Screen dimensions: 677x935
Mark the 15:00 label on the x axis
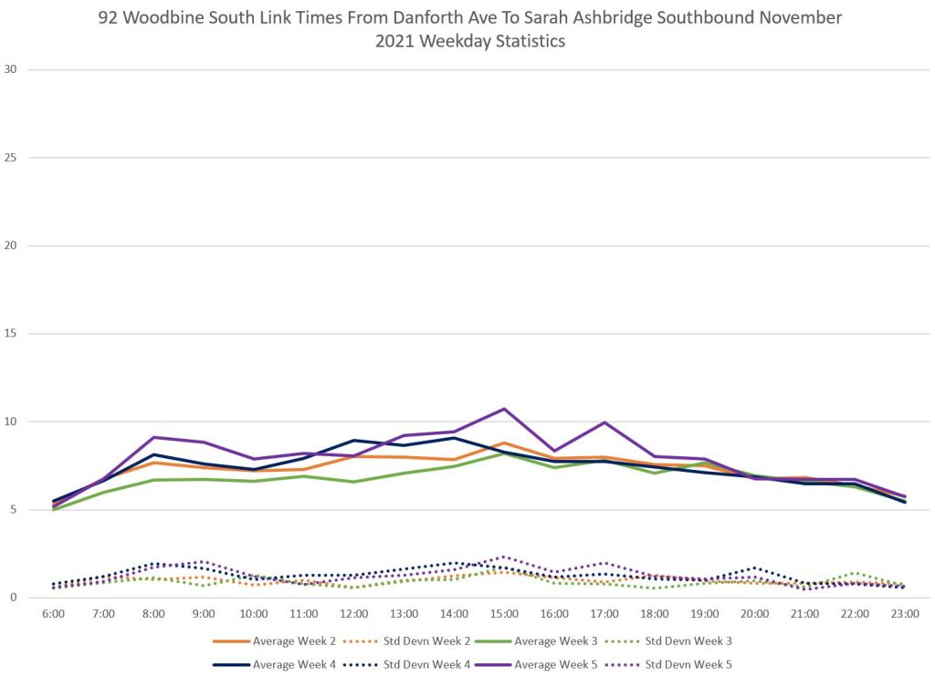click(504, 614)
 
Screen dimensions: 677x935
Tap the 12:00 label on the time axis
click(354, 614)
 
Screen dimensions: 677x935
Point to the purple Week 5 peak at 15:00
click(504, 409)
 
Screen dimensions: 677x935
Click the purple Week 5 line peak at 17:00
click(604, 422)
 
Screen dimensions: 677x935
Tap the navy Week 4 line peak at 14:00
click(454, 438)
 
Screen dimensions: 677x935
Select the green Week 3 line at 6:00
click(54, 509)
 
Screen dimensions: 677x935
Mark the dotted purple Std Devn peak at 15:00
click(504, 557)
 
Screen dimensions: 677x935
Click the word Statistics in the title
click(518, 42)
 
